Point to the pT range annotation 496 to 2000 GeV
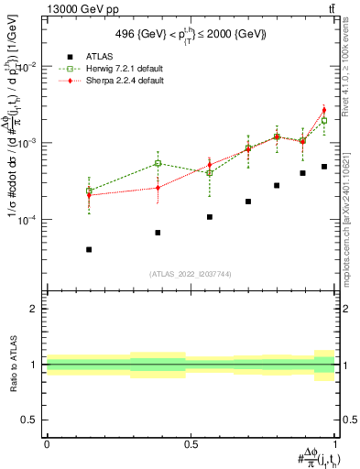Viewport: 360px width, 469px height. point(191,34)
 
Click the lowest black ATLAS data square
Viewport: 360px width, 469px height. point(89,249)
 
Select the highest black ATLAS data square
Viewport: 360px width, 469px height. point(324,167)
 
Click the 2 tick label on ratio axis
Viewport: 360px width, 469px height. point(35,309)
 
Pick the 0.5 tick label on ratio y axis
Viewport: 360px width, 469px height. point(30,420)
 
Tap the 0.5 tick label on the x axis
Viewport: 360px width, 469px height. point(191,443)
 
